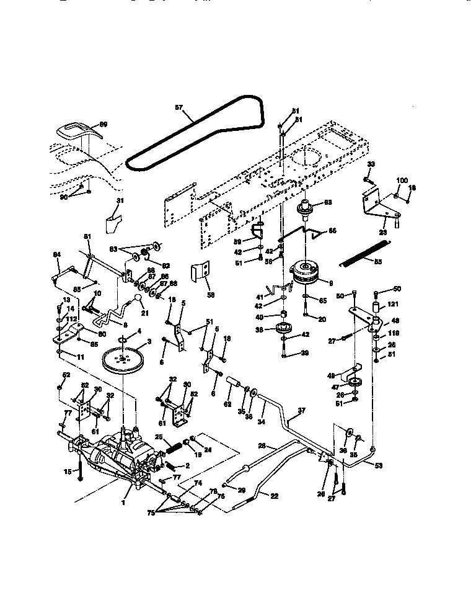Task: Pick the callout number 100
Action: [x=402, y=180]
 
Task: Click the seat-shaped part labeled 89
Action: [x=77, y=131]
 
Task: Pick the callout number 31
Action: [x=120, y=200]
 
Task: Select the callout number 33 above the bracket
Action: [x=371, y=164]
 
